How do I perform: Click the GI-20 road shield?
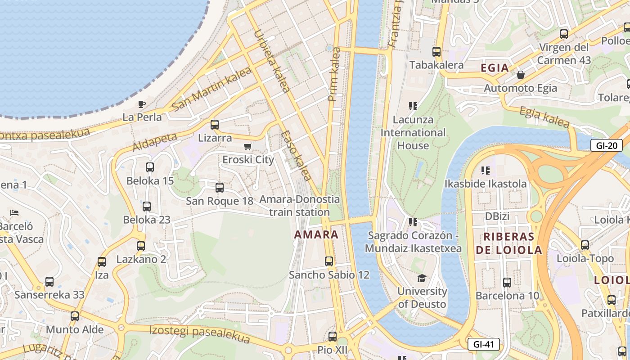pyautogui.click(x=606, y=145)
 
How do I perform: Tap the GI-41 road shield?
pyautogui.click(x=484, y=345)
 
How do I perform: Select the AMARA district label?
pyautogui.click(x=316, y=234)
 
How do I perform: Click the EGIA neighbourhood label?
pyautogui.click(x=495, y=68)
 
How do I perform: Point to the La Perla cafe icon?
pyautogui.click(x=142, y=104)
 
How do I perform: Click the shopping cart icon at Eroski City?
pyautogui.click(x=247, y=147)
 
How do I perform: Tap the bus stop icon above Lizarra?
pyautogui.click(x=215, y=125)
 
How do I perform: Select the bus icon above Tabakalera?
pyautogui.click(x=436, y=52)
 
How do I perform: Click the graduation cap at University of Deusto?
pyautogui.click(x=422, y=278)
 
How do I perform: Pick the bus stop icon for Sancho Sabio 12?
pyautogui.click(x=329, y=261)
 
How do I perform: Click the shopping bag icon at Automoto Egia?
pyautogui.click(x=521, y=75)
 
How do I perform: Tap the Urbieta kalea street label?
pyautogui.click(x=271, y=61)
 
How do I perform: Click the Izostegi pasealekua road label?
pyautogui.click(x=199, y=333)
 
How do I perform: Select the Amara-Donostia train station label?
pyautogui.click(x=300, y=206)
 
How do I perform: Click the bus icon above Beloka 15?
pyautogui.click(x=150, y=167)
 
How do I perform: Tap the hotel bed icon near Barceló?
pyautogui.click(x=14, y=212)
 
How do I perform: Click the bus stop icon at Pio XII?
pyautogui.click(x=332, y=336)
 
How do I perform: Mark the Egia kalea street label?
pyautogui.click(x=544, y=117)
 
